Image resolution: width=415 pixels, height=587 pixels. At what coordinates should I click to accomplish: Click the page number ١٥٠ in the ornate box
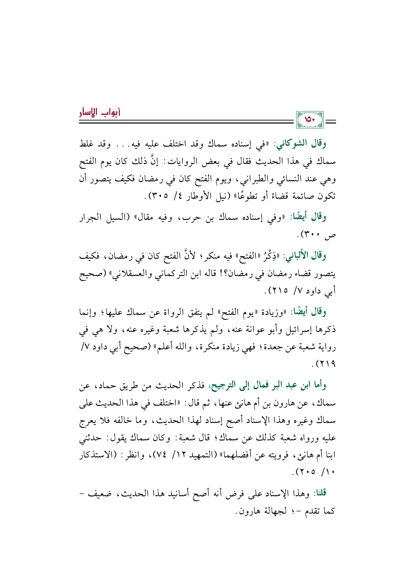pos(310,119)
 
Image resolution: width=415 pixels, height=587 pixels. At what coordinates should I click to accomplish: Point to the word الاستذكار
pos(97,455)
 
